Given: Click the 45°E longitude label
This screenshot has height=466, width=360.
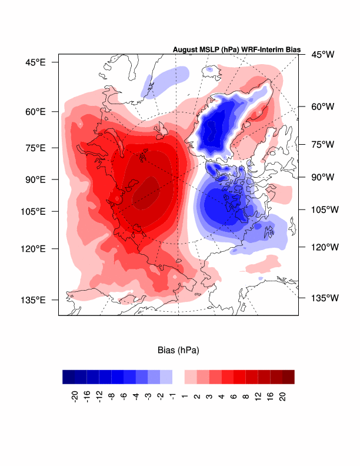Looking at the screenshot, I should pos(35,62).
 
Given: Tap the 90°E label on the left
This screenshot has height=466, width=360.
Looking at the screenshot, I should pos(35,179).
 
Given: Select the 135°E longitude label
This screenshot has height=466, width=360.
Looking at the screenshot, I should pos(32,299).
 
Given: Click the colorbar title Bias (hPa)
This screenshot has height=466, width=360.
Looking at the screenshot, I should pos(178,351).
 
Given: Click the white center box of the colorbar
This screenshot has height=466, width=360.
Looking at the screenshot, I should pos(178,377).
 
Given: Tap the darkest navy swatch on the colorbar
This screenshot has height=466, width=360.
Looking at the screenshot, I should pos(68,377).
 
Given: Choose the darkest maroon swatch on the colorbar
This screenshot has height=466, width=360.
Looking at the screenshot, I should pos(288,377).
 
